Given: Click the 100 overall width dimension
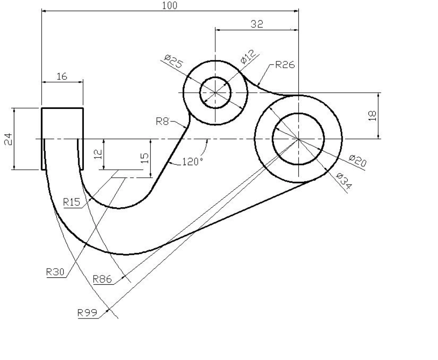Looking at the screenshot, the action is coord(170,6).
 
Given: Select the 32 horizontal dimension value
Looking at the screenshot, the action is coord(257,24).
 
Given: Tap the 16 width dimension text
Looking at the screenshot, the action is coord(62,76).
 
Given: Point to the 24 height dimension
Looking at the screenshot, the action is coord(8,139).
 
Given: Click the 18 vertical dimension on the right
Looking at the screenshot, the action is coord(373,115).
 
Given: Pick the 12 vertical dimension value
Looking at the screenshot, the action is coord(98,154).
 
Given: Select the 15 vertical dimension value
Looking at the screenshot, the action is coord(145,158).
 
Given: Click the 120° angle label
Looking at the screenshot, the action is coord(193,162).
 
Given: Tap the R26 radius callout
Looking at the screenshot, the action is coord(285,65).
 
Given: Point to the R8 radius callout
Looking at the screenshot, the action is coord(163,121).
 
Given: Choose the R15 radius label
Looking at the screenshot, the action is coord(72,202).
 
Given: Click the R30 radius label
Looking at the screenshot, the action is coord(55,271).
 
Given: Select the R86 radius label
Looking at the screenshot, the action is coord(102,279).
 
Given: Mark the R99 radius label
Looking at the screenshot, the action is coord(87,312).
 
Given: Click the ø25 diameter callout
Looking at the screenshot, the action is coord(173,61).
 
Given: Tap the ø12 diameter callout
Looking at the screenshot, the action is coord(248,57).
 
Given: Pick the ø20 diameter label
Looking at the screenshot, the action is coord(358,161).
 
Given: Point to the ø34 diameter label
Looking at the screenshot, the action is coord(344,181).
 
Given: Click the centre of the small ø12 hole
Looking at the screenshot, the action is coord(215,92).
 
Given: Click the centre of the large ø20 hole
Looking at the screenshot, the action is coord(298,139).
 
